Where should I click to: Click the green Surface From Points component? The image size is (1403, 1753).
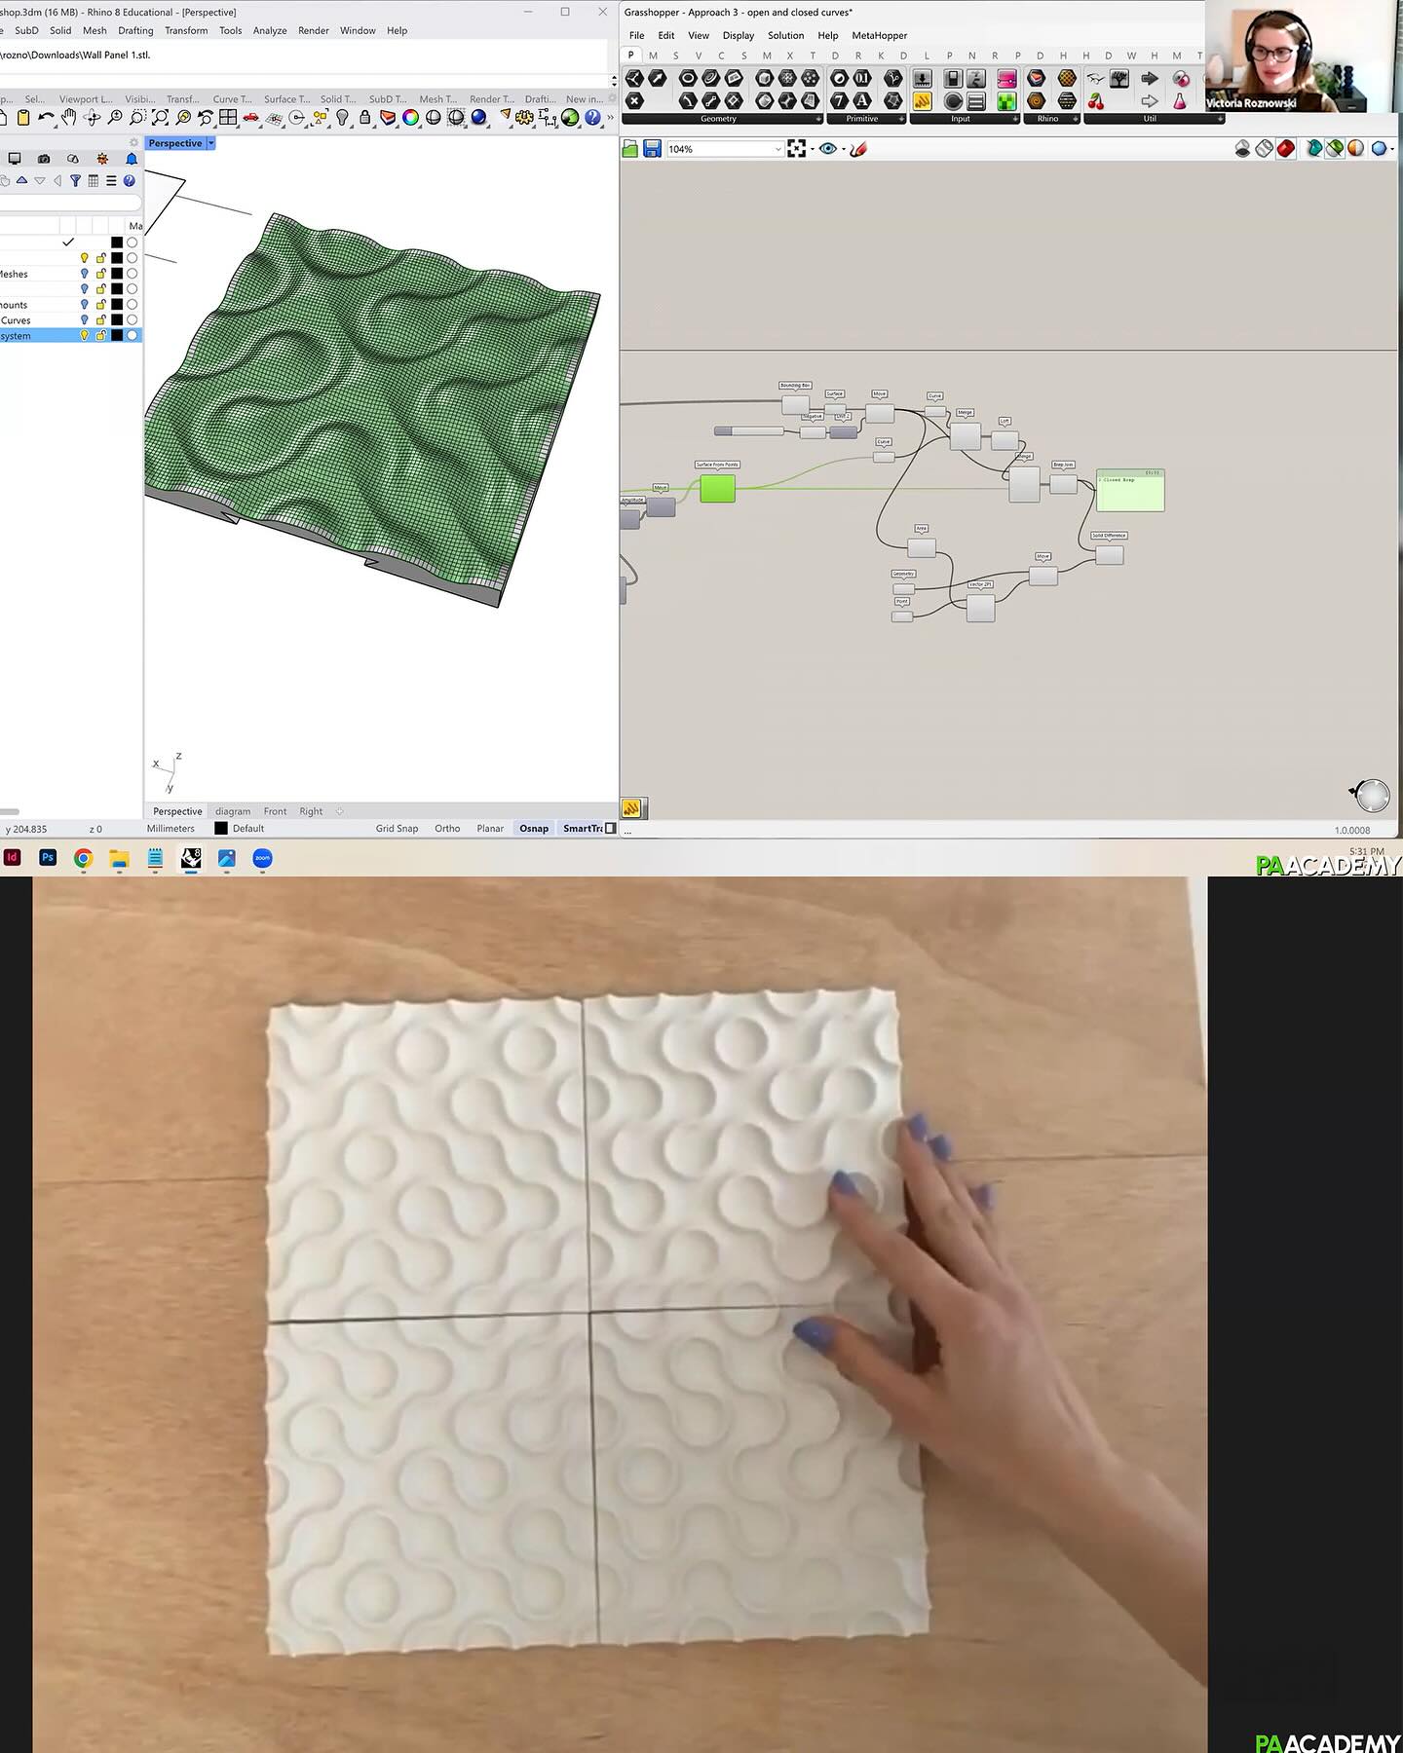click(717, 488)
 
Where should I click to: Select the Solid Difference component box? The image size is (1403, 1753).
click(1109, 554)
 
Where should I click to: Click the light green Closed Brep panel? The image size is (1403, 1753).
click(1129, 491)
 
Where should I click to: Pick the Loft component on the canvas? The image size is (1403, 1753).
click(1005, 440)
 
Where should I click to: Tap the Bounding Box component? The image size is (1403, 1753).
click(795, 404)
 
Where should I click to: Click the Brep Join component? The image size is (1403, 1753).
click(1063, 483)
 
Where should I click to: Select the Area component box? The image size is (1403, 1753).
click(922, 547)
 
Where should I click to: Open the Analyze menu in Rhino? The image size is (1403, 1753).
click(270, 30)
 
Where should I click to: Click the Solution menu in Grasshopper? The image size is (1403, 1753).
click(785, 35)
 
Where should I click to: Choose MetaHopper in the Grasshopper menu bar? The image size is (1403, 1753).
click(879, 35)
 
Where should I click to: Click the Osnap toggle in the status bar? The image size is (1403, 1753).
click(533, 829)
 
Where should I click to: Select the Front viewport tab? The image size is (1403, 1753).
click(275, 811)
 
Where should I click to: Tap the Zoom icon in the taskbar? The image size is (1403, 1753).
click(262, 858)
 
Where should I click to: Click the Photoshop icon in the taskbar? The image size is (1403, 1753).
click(48, 858)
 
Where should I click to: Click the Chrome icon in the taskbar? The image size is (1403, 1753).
click(84, 858)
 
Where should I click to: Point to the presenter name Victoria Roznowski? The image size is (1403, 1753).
click(1251, 103)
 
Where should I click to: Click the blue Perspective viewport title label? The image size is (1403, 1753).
click(175, 143)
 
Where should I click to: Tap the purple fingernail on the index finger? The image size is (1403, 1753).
click(845, 1185)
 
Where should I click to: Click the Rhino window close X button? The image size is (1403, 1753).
click(602, 12)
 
